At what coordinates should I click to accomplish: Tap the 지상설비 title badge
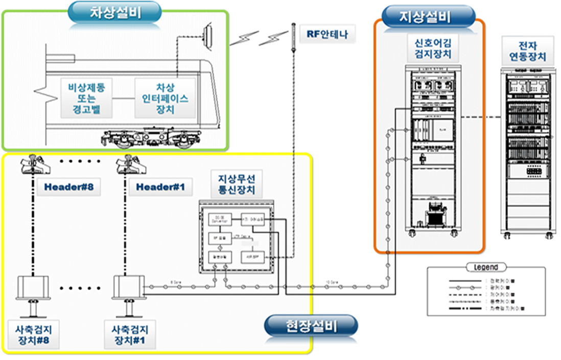pyautogui.click(x=424, y=17)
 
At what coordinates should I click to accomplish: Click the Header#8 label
pyautogui.click(x=69, y=187)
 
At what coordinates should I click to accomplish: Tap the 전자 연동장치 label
pyautogui.click(x=527, y=49)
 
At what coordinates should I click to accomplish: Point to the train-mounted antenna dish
pyautogui.click(x=207, y=36)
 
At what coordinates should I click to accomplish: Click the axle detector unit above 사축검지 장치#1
pyautogui.click(x=127, y=289)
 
